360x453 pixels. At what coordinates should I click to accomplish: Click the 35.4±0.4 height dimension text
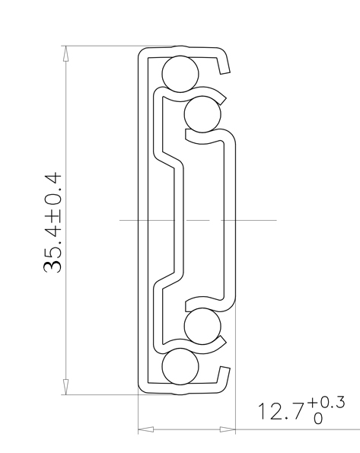(x=53, y=223)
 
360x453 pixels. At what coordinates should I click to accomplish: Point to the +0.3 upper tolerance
(x=326, y=403)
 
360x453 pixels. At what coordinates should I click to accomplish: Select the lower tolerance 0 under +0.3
(x=318, y=418)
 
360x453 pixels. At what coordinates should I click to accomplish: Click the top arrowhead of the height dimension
(x=66, y=54)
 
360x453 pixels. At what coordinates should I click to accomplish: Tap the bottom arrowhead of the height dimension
(x=66, y=387)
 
